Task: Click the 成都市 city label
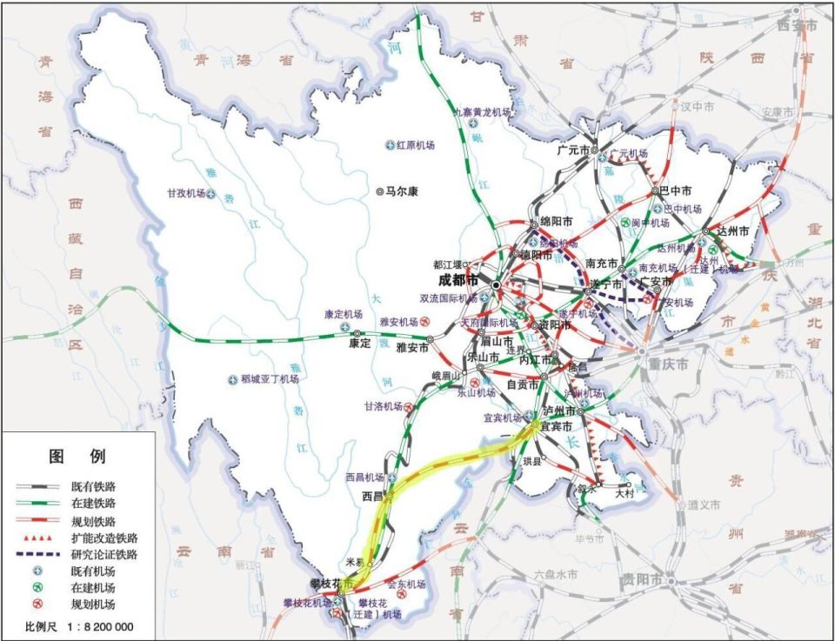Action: tap(458, 280)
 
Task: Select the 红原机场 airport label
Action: tap(416, 145)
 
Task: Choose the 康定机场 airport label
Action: tap(343, 314)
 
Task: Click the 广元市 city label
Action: tap(568, 150)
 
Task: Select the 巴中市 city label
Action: tap(675, 190)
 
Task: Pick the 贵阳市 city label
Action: tap(641, 580)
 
